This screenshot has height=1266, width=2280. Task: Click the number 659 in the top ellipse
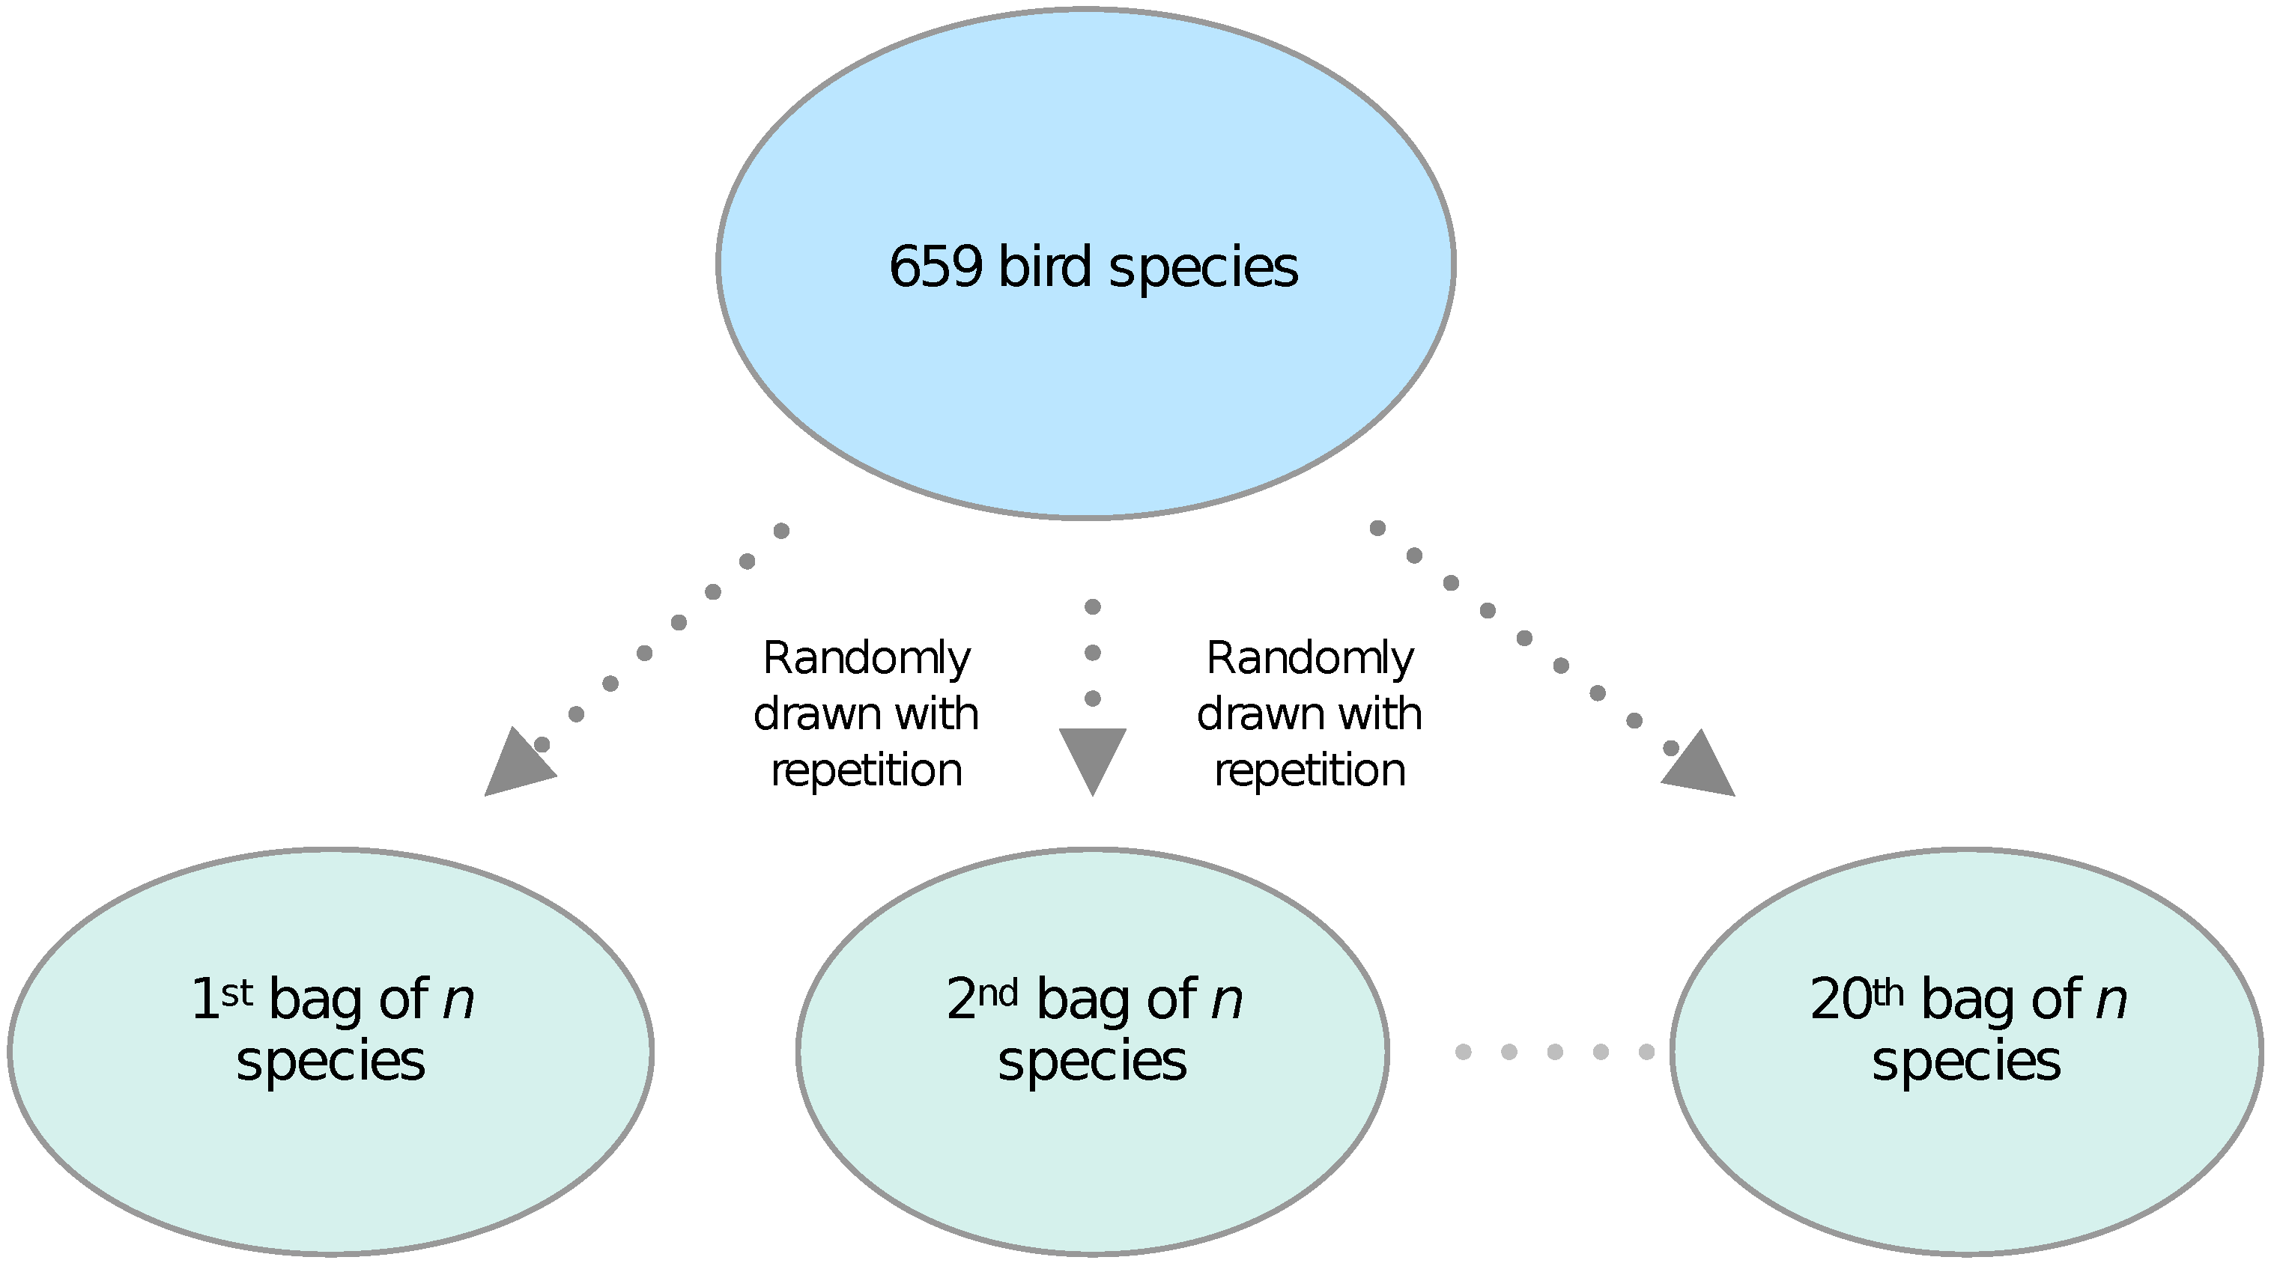coord(936,267)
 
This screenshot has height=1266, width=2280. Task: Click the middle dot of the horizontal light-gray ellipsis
coord(1554,1052)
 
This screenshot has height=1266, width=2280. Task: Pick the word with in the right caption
coord(1380,715)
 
